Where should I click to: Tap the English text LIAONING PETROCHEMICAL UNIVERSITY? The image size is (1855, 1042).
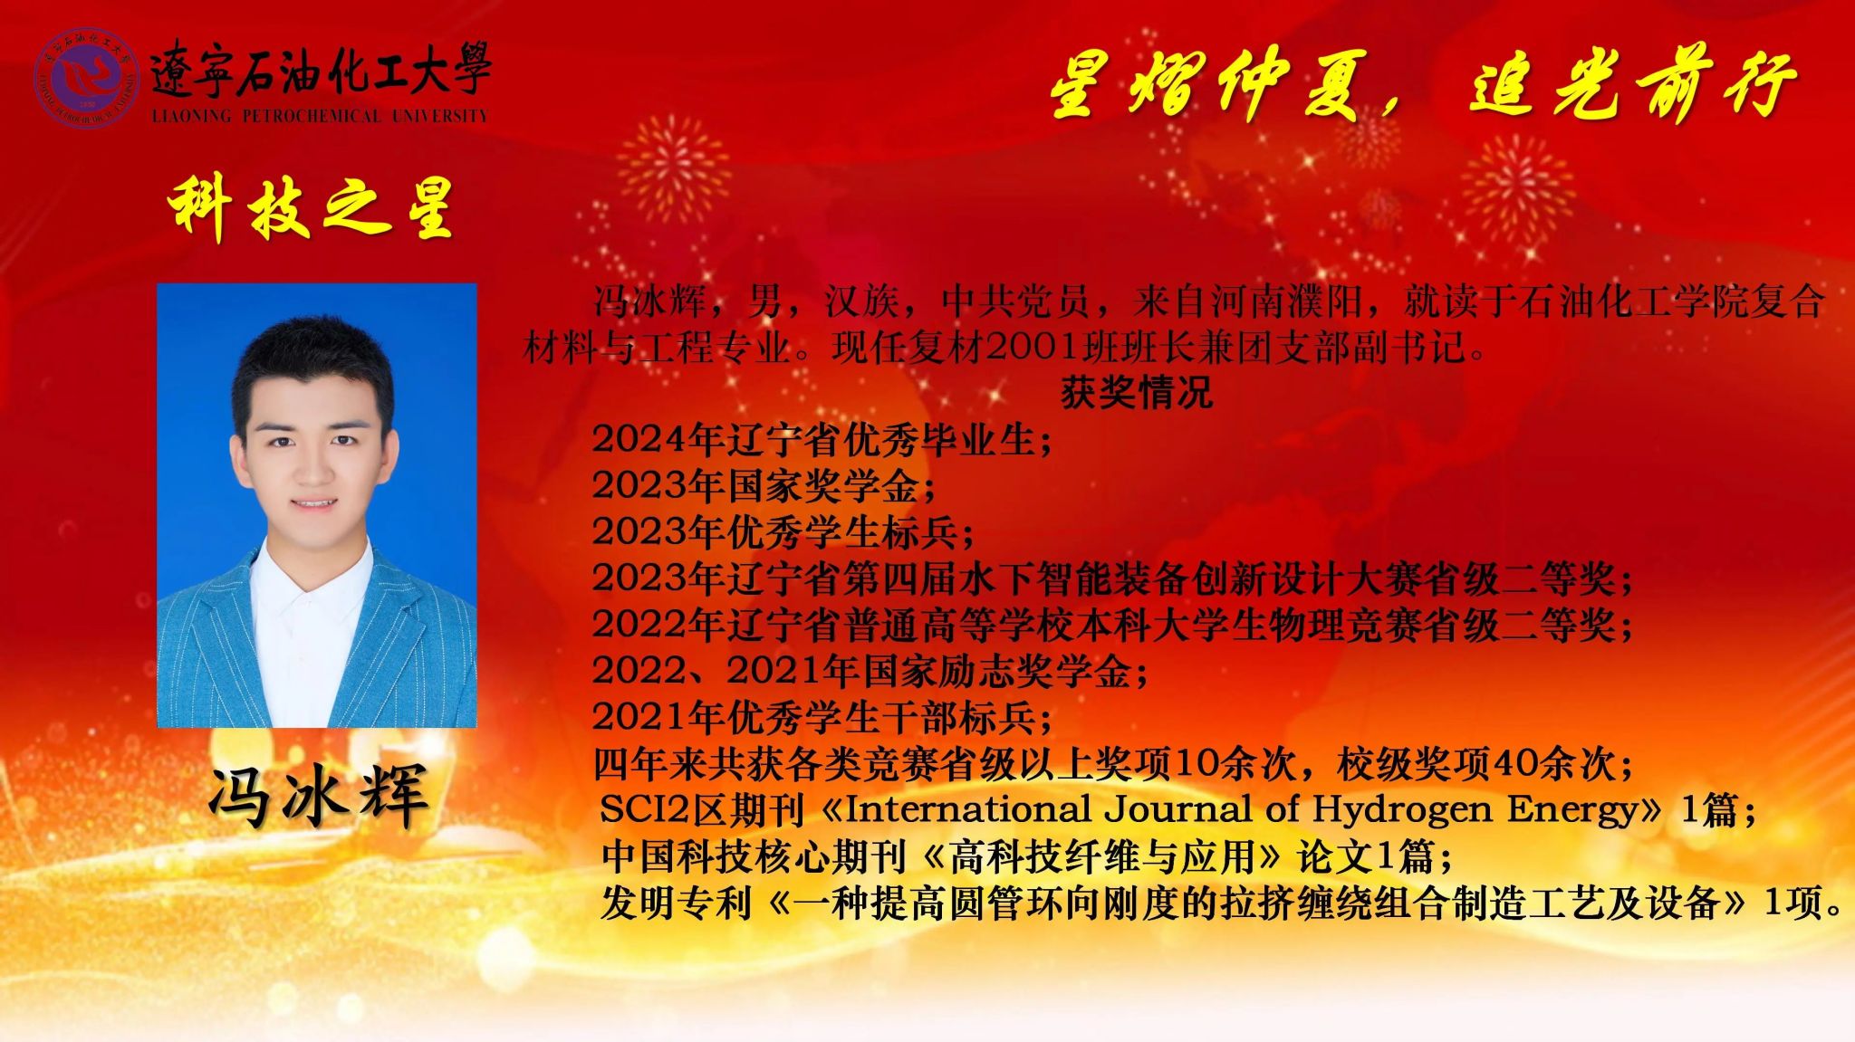coord(320,116)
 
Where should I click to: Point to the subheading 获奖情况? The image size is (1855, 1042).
coord(1136,393)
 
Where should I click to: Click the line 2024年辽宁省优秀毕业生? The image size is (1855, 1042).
coord(821,440)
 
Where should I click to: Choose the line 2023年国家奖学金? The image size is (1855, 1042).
coord(763,486)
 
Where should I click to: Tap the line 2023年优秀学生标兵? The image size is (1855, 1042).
coord(783,532)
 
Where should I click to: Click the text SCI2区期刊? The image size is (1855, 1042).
coord(702,809)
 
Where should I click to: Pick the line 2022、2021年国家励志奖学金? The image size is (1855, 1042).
coord(870,672)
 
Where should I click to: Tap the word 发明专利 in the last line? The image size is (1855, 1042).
coord(676,903)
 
